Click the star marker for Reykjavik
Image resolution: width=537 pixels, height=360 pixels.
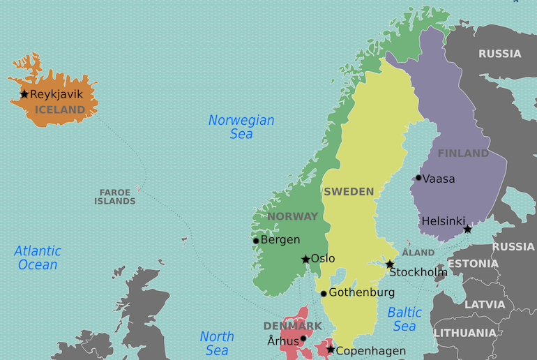[24, 94]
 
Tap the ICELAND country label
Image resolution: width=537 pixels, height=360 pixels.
[59, 110]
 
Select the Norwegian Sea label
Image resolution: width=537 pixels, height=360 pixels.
[241, 127]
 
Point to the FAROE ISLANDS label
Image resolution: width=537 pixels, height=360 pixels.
[115, 197]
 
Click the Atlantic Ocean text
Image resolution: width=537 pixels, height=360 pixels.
[38, 257]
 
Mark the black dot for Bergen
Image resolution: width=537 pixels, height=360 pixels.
[256, 241]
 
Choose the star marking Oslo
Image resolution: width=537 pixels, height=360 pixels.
[305, 260]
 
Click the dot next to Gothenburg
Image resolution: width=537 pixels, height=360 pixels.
[324, 294]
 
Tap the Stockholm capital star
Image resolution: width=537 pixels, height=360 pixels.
[390, 264]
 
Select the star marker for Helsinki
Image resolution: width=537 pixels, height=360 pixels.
[467, 230]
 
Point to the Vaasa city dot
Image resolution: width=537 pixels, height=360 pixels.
[418, 178]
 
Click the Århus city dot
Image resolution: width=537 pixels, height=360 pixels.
[303, 338]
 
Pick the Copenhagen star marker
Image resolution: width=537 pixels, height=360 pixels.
[331, 350]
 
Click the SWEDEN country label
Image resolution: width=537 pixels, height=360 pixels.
[349, 191]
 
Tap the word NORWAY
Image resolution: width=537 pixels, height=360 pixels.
[292, 216]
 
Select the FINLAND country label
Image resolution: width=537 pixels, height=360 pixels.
[463, 153]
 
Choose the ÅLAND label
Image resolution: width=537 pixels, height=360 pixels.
[418, 252]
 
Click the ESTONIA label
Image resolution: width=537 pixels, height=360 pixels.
[473, 264]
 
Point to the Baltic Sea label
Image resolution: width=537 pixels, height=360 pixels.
[404, 319]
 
